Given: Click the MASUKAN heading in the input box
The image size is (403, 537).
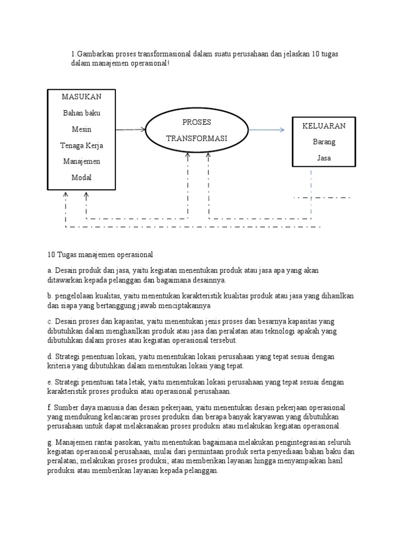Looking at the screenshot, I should tap(81, 97).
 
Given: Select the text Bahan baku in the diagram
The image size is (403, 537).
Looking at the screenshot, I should tap(81, 113).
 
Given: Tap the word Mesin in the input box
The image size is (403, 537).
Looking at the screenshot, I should tap(81, 129).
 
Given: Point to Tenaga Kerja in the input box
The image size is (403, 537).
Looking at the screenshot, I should tap(81, 145).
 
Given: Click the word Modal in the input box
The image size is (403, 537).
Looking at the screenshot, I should tap(81, 177).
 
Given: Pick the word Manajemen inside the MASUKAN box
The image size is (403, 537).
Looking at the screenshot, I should tap(81, 162).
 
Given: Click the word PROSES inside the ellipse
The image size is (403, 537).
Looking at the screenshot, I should tap(196, 122).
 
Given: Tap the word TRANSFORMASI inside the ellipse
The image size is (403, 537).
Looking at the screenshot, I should tap(196, 138).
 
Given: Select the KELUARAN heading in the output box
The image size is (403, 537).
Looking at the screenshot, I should tap(324, 126).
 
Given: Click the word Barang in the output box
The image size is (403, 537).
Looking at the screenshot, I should tap(324, 142).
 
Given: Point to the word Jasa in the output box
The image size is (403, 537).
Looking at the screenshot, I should tap(324, 158).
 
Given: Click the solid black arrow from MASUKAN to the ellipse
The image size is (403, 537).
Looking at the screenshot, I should tap(130, 129).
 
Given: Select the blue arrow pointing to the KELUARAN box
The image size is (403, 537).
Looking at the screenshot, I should tap(267, 130).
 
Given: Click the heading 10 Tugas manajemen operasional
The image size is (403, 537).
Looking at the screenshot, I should tap(100, 255).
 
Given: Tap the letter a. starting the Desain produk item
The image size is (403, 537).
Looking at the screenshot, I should tap(50, 271).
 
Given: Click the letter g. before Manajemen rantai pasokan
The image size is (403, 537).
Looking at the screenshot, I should tap(50, 443).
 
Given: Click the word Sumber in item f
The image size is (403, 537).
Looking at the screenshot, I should tap(66, 407).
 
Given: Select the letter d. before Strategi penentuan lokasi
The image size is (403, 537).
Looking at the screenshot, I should tap(50, 357).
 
